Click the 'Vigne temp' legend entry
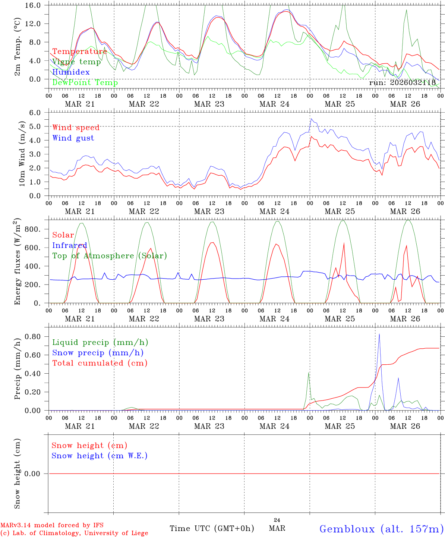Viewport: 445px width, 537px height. coord(76,62)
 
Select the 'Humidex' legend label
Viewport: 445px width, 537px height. coord(71,72)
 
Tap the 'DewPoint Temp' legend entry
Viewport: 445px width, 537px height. coord(85,82)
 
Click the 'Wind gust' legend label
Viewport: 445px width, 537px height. coord(73,138)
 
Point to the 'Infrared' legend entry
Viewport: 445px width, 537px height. coord(70,245)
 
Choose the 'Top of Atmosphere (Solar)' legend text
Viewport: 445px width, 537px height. coord(110,256)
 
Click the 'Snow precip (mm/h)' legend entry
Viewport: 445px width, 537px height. coord(98,353)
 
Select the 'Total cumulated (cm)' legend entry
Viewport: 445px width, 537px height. coord(100,363)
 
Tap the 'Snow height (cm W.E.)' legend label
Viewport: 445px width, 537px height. coord(100,456)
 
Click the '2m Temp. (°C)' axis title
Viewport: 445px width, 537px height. coord(18,47)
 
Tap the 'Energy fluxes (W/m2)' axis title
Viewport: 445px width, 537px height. coord(18,261)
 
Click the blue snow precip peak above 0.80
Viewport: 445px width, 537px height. coord(379,334)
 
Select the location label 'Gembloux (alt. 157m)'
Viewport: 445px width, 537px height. coord(381,528)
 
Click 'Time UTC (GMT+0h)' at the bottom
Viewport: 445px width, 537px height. coord(212,528)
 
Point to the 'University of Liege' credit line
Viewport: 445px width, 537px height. coord(74,533)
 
